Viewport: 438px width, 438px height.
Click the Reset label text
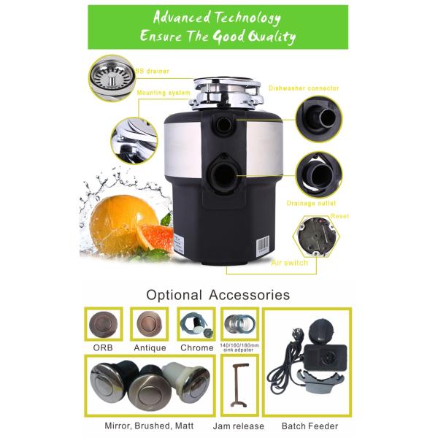tap(339, 217)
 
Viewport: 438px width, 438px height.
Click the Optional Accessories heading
tap(218, 296)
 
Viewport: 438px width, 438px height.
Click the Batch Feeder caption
tap(309, 426)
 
